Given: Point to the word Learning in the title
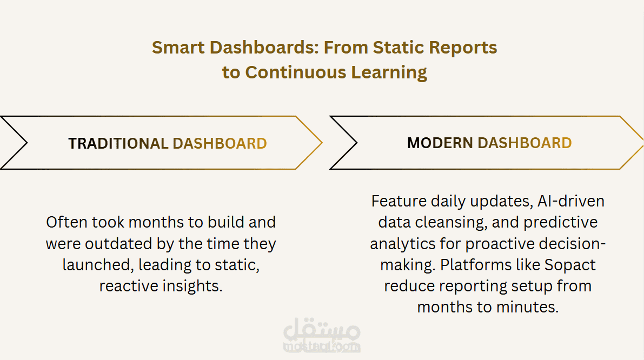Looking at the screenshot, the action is point(389,73).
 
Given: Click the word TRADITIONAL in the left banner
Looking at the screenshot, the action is point(118,144).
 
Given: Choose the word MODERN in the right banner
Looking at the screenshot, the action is point(440,143).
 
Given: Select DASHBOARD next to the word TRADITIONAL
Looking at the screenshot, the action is point(220,144).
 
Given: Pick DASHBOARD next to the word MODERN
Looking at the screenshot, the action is point(525,143).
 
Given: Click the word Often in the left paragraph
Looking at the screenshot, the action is point(66,222).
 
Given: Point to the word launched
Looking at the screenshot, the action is point(98,265).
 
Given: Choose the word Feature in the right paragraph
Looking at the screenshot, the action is point(399,201).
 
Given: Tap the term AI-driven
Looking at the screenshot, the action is point(571,201).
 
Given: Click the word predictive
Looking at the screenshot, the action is point(561,223).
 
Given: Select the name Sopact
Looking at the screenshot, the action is point(570,265).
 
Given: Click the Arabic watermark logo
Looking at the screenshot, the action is point(322,335).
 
